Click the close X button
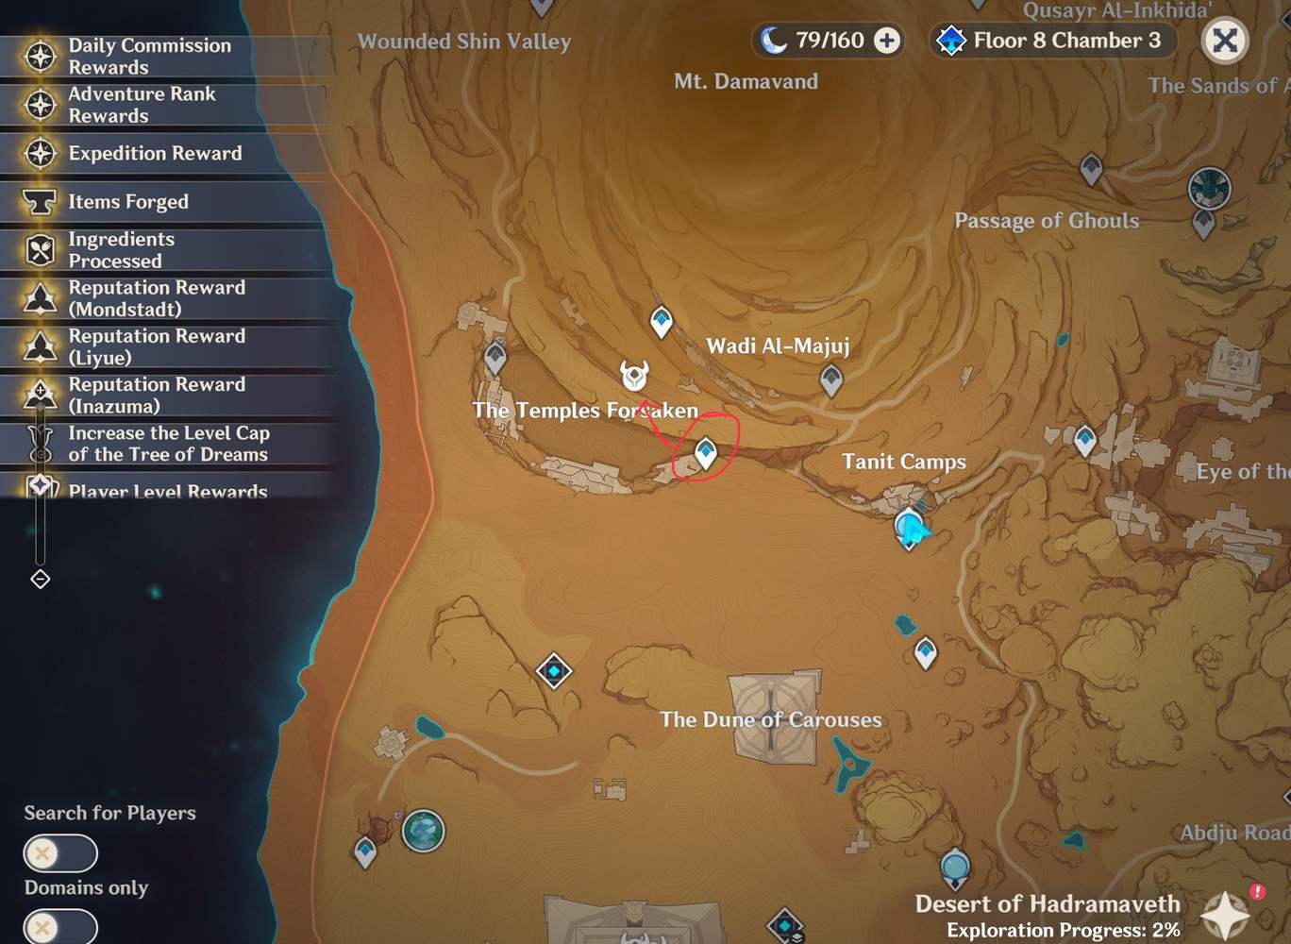point(1224,41)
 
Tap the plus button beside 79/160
point(886,41)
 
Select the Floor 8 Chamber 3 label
point(1065,41)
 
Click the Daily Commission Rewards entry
point(149,57)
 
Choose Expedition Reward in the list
point(155,153)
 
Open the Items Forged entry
point(128,201)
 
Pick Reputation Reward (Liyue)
point(157,346)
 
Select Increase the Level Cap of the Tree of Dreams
point(168,444)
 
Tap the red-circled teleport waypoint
point(705,452)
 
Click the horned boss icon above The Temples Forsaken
point(634,375)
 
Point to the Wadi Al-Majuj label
point(778,346)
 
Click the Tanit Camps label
point(903,462)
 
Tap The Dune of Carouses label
point(770,719)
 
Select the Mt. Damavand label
point(746,81)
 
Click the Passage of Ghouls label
point(1046,221)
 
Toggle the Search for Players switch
point(60,853)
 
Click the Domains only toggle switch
point(60,926)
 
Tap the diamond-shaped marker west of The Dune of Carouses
point(554,671)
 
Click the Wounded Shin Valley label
point(463,42)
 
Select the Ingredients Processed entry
point(121,249)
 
